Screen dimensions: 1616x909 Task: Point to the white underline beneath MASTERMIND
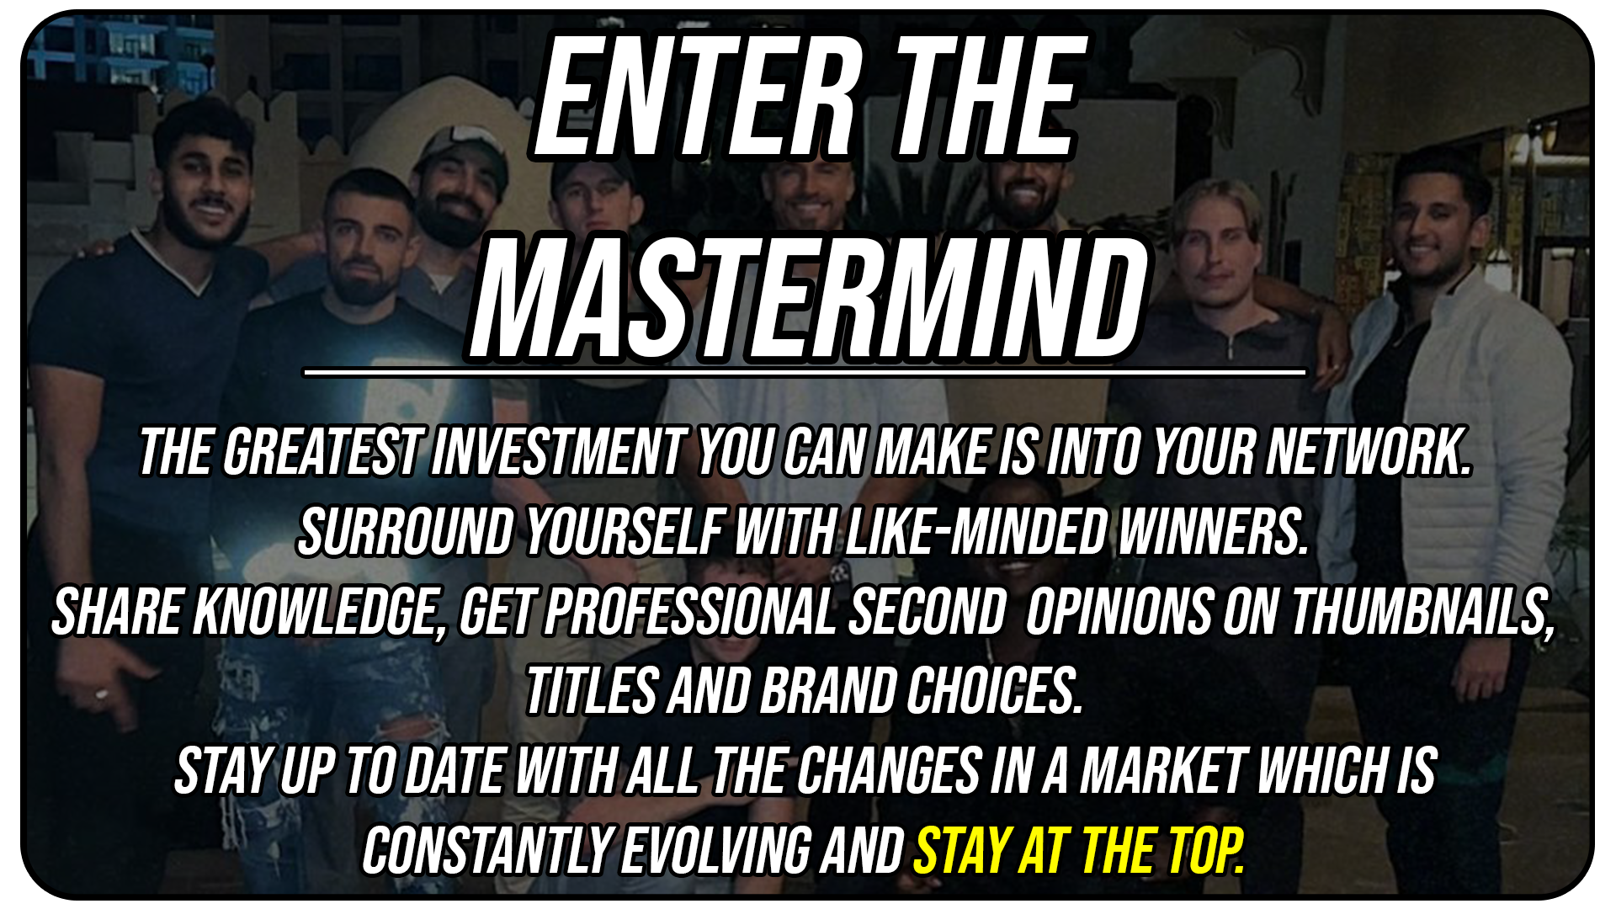point(804,371)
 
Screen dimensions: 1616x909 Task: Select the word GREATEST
point(323,452)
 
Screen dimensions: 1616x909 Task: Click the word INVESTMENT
point(559,452)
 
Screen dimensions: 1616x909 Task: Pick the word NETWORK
point(1370,452)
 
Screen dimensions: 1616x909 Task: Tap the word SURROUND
point(406,532)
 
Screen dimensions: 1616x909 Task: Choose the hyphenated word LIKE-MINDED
point(975,532)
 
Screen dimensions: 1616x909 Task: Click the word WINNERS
point(1213,532)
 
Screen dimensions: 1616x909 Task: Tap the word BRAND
point(827,692)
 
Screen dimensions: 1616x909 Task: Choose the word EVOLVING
point(717,851)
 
